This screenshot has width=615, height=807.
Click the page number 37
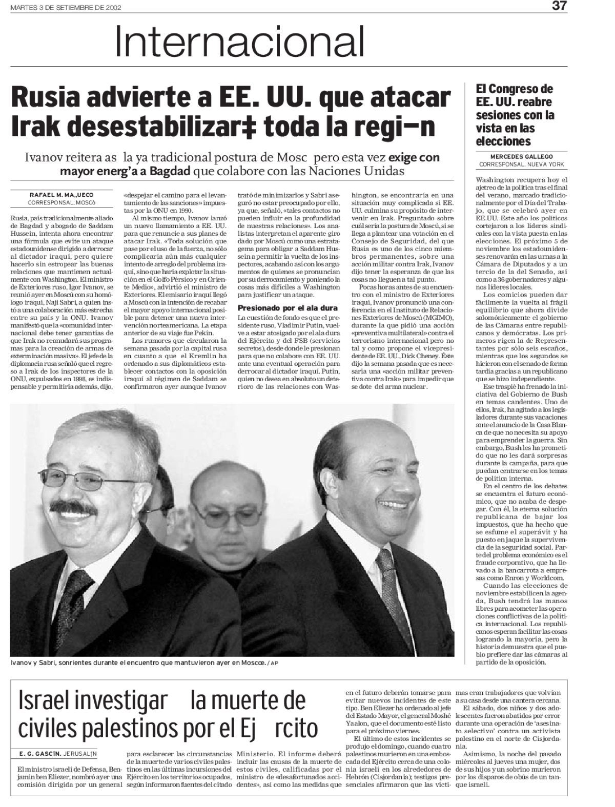tap(559, 7)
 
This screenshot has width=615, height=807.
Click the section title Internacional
tap(239, 42)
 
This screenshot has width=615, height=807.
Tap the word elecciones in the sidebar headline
tap(503, 141)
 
